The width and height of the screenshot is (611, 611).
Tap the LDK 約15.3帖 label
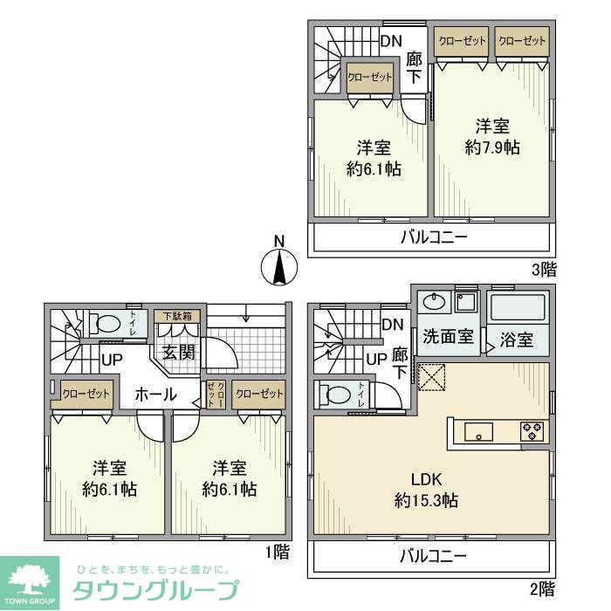(x=427, y=490)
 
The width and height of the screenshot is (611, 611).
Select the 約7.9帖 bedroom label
(x=492, y=136)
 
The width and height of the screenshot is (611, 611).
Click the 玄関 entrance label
(x=178, y=353)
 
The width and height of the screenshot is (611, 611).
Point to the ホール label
(x=155, y=394)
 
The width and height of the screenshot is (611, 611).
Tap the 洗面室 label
(x=448, y=337)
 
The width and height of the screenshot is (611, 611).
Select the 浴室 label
(x=518, y=340)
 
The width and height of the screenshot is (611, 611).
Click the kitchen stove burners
(x=533, y=430)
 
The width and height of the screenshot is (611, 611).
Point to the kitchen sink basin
(x=478, y=431)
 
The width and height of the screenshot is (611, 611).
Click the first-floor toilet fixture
(x=106, y=323)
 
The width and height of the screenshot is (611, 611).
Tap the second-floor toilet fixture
(x=336, y=395)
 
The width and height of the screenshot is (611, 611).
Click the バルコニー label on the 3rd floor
(x=434, y=237)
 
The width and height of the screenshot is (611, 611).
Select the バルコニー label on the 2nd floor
(x=434, y=555)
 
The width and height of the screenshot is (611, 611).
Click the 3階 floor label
(x=543, y=269)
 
